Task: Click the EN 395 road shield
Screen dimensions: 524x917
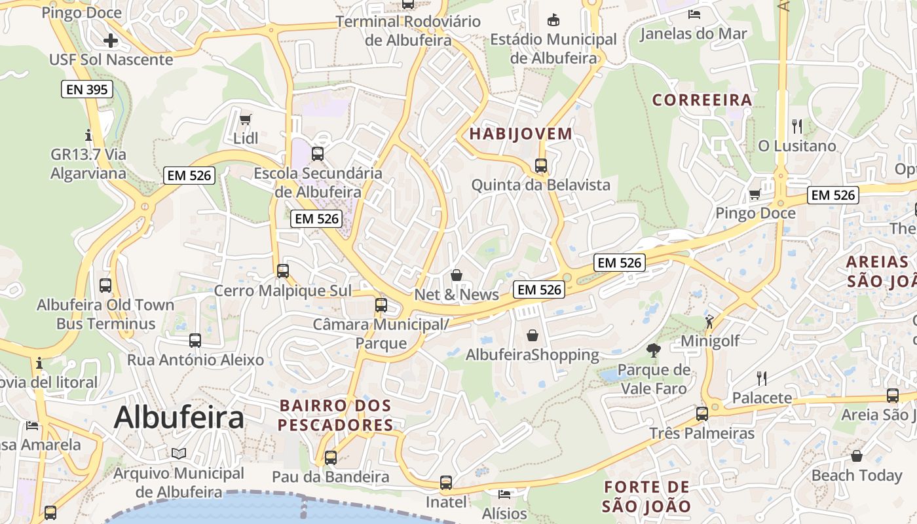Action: tap(87, 89)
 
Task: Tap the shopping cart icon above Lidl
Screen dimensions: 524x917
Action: tap(246, 119)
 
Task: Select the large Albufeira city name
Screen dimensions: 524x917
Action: tap(179, 417)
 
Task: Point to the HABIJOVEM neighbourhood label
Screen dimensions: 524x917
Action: tap(521, 134)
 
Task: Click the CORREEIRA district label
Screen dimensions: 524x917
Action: tap(702, 100)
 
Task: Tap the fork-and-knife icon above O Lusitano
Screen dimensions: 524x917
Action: tap(796, 126)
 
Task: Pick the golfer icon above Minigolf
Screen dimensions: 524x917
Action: tap(710, 321)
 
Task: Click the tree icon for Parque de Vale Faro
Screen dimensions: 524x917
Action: tap(653, 350)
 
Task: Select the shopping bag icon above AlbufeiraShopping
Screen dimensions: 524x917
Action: tap(533, 335)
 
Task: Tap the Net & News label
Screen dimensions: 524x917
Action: tap(457, 294)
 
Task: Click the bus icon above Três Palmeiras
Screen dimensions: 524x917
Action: tap(702, 414)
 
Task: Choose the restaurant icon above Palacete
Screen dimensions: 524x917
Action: tap(761, 378)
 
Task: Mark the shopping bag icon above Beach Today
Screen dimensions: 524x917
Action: tap(857, 456)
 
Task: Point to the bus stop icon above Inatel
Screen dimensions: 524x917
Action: tap(446, 483)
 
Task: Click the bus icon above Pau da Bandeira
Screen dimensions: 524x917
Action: tap(331, 457)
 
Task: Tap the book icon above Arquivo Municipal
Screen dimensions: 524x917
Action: tap(179, 453)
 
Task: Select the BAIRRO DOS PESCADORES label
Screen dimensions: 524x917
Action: tap(335, 415)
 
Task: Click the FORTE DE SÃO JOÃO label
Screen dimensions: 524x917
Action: tap(646, 496)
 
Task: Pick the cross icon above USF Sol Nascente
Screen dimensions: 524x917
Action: tap(111, 41)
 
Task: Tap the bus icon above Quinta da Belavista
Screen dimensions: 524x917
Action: tap(541, 166)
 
